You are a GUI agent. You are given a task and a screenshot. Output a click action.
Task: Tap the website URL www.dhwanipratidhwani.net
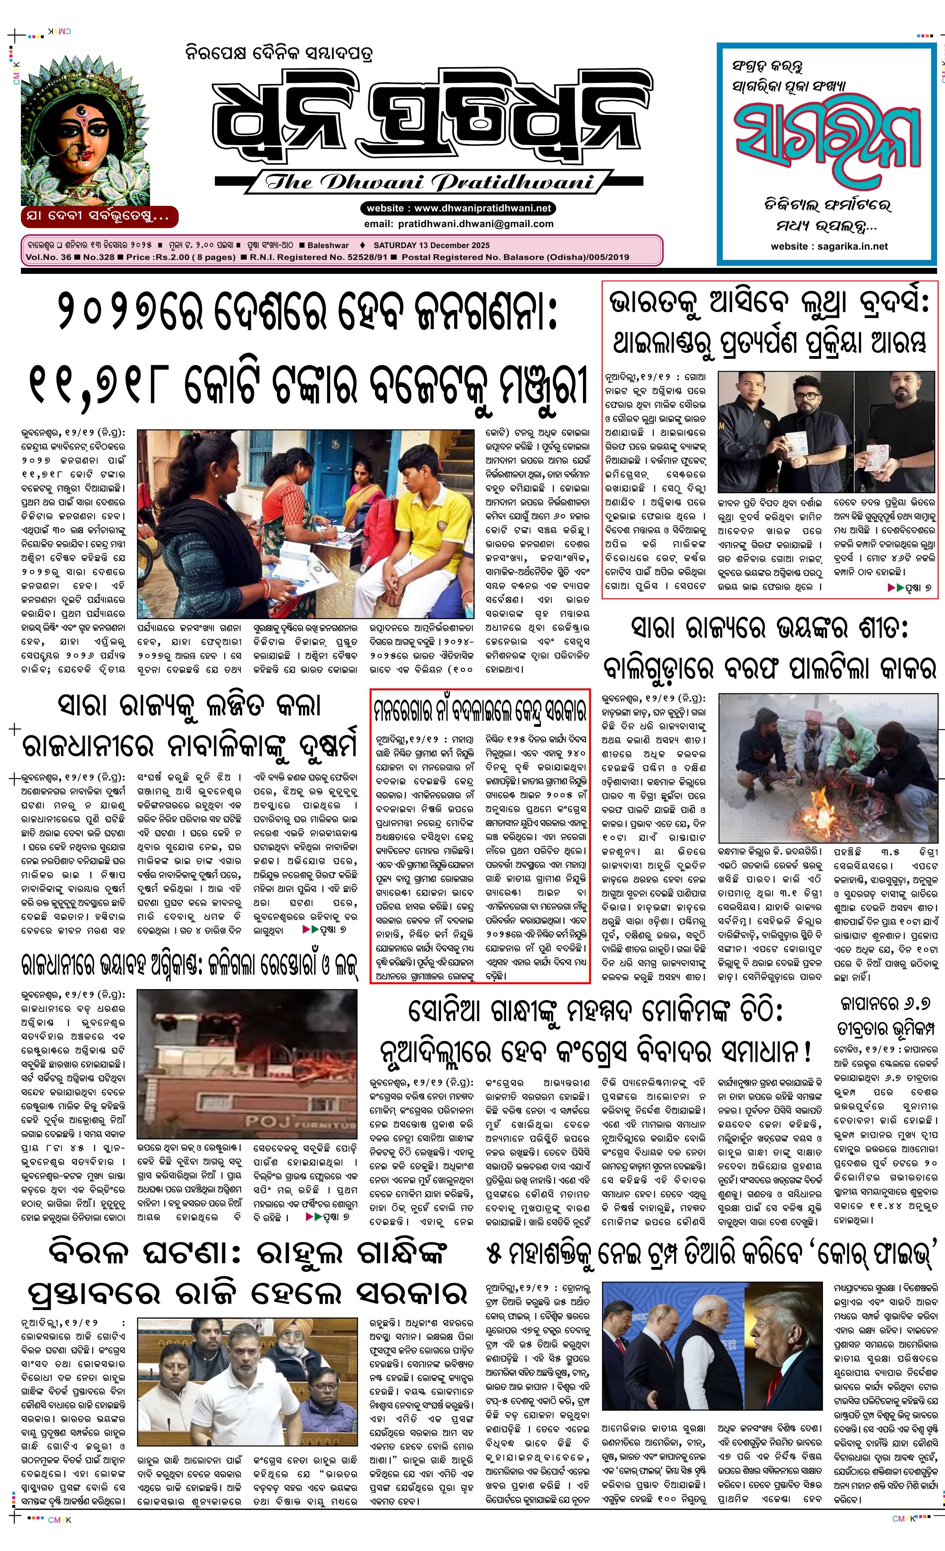point(458,208)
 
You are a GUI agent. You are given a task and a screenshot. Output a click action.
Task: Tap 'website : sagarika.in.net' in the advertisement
point(829,246)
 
